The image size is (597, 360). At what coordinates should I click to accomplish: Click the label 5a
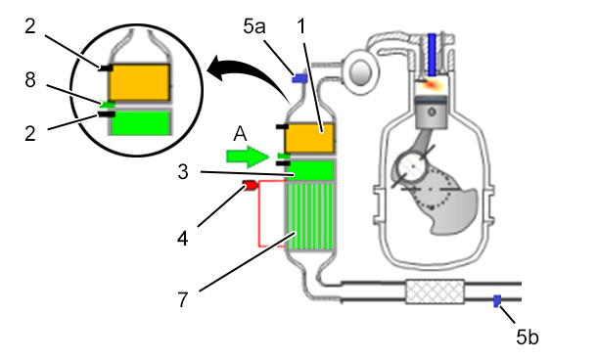pyautogui.click(x=253, y=26)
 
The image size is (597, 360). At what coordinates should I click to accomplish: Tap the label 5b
pyautogui.click(x=528, y=337)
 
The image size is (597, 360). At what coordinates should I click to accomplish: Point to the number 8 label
pyautogui.click(x=30, y=80)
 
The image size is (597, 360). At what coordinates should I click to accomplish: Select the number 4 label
pyautogui.click(x=183, y=239)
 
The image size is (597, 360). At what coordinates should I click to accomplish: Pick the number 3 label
pyautogui.click(x=183, y=171)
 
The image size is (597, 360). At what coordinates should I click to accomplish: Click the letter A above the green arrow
pyautogui.click(x=240, y=134)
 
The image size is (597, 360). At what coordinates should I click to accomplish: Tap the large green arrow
pyautogui.click(x=248, y=157)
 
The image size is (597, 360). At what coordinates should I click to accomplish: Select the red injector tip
pyautogui.click(x=251, y=185)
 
